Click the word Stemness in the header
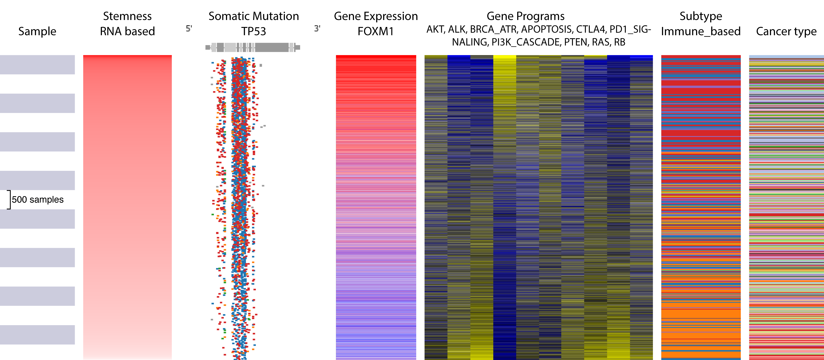127,16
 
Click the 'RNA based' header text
127,31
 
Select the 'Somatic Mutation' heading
254,16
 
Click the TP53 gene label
254,31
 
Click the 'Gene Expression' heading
376,16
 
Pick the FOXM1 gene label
376,31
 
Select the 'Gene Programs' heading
526,16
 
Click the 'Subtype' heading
701,16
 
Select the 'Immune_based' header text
701,31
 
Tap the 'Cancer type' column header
786,31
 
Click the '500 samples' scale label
38,200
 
